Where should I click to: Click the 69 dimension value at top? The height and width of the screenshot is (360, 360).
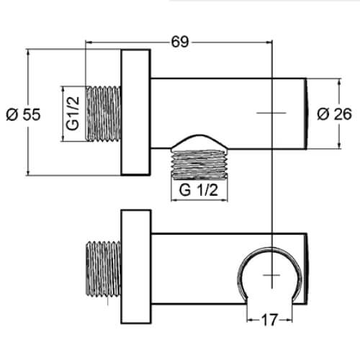[180, 42]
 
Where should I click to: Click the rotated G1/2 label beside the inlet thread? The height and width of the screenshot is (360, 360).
[73, 113]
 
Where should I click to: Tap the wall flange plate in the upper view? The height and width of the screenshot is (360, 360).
[136, 113]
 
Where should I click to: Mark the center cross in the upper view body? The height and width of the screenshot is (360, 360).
[271, 113]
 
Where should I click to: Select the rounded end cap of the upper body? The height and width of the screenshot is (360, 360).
[308, 113]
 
